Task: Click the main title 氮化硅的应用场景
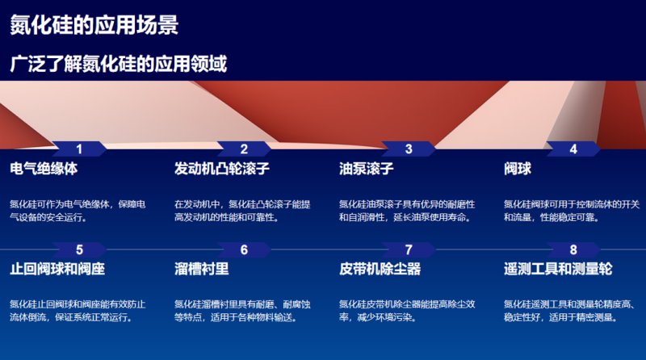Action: [x=94, y=25]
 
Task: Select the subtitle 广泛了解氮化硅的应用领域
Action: [x=118, y=63]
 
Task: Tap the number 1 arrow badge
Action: [x=79, y=149]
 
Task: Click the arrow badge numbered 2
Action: [x=244, y=149]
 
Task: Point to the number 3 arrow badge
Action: [x=409, y=149]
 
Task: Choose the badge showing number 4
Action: [x=573, y=149]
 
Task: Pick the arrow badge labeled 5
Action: [x=79, y=249]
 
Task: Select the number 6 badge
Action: [x=244, y=249]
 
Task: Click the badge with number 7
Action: [x=409, y=249]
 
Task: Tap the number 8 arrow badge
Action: [x=573, y=249]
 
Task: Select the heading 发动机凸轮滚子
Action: [x=221, y=170]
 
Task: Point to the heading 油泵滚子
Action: [x=366, y=170]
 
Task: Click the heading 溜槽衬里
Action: [x=201, y=269]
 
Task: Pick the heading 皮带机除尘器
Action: [x=380, y=269]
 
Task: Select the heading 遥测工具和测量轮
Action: [x=558, y=269]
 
